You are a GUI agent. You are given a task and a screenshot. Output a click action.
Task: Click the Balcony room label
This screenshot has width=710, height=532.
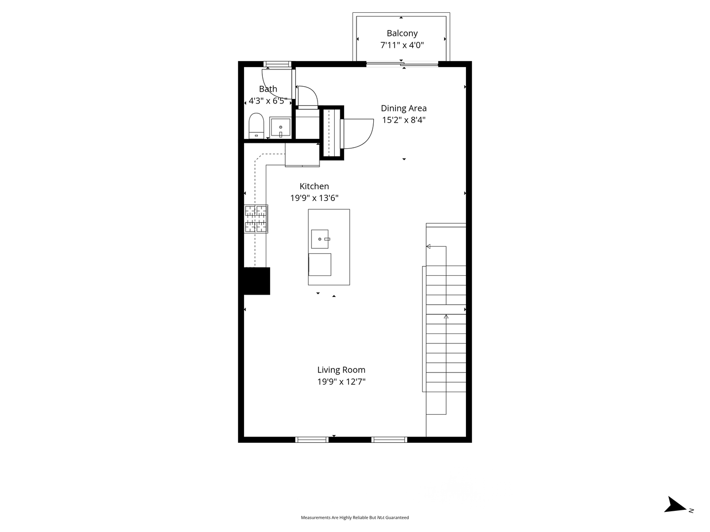coord(402,33)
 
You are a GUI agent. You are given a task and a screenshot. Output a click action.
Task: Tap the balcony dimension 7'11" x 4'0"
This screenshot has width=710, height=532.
coord(402,45)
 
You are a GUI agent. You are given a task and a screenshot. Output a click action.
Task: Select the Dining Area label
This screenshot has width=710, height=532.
coord(403,108)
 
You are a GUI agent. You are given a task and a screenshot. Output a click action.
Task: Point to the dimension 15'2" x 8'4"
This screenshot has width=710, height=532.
coord(403,120)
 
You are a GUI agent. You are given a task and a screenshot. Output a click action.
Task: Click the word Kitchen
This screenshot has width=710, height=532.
coord(314,186)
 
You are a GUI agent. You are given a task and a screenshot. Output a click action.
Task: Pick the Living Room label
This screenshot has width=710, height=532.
coord(341,370)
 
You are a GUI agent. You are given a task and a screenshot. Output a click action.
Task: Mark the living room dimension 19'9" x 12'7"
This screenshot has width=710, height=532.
coord(341,382)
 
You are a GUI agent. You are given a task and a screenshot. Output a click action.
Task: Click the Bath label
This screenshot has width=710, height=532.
coord(268,89)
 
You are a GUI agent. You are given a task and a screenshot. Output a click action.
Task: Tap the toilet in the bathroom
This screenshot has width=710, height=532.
coord(256,126)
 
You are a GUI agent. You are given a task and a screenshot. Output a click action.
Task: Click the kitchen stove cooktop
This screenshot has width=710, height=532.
coord(256,219)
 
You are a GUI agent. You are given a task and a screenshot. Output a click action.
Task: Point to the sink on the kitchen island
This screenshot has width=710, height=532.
coord(319,239)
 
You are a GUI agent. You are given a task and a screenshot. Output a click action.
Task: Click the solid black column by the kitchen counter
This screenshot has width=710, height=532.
coord(256,281)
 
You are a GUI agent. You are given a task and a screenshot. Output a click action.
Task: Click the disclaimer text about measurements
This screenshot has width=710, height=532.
coord(355,518)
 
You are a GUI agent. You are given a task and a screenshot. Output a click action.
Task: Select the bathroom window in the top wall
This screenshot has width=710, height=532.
coord(278,64)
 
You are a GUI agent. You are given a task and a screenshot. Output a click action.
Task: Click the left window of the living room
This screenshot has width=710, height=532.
coord(312,439)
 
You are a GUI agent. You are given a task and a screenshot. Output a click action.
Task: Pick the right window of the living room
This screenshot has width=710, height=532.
coord(389,439)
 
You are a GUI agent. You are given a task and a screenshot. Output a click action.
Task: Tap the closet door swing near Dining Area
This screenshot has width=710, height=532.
coord(357,133)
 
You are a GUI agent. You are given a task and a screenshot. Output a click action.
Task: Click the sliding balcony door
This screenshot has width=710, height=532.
coord(402,64)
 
